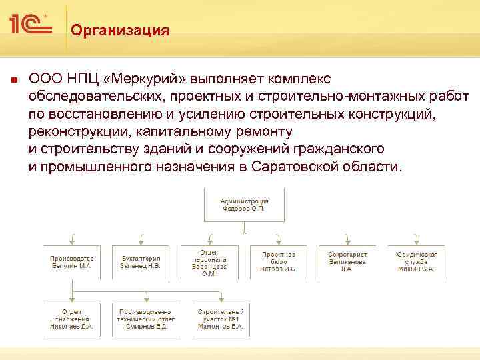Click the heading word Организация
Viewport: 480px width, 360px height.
click(120, 31)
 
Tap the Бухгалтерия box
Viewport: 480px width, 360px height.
click(141, 261)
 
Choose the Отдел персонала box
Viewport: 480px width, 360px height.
click(209, 261)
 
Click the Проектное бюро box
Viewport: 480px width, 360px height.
click(279, 261)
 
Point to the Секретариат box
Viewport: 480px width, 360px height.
click(347, 261)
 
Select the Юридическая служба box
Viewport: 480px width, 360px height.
click(416, 261)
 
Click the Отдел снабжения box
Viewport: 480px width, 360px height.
click(72, 319)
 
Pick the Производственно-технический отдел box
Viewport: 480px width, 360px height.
click(147, 319)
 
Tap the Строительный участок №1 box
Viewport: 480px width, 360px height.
click(221, 319)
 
